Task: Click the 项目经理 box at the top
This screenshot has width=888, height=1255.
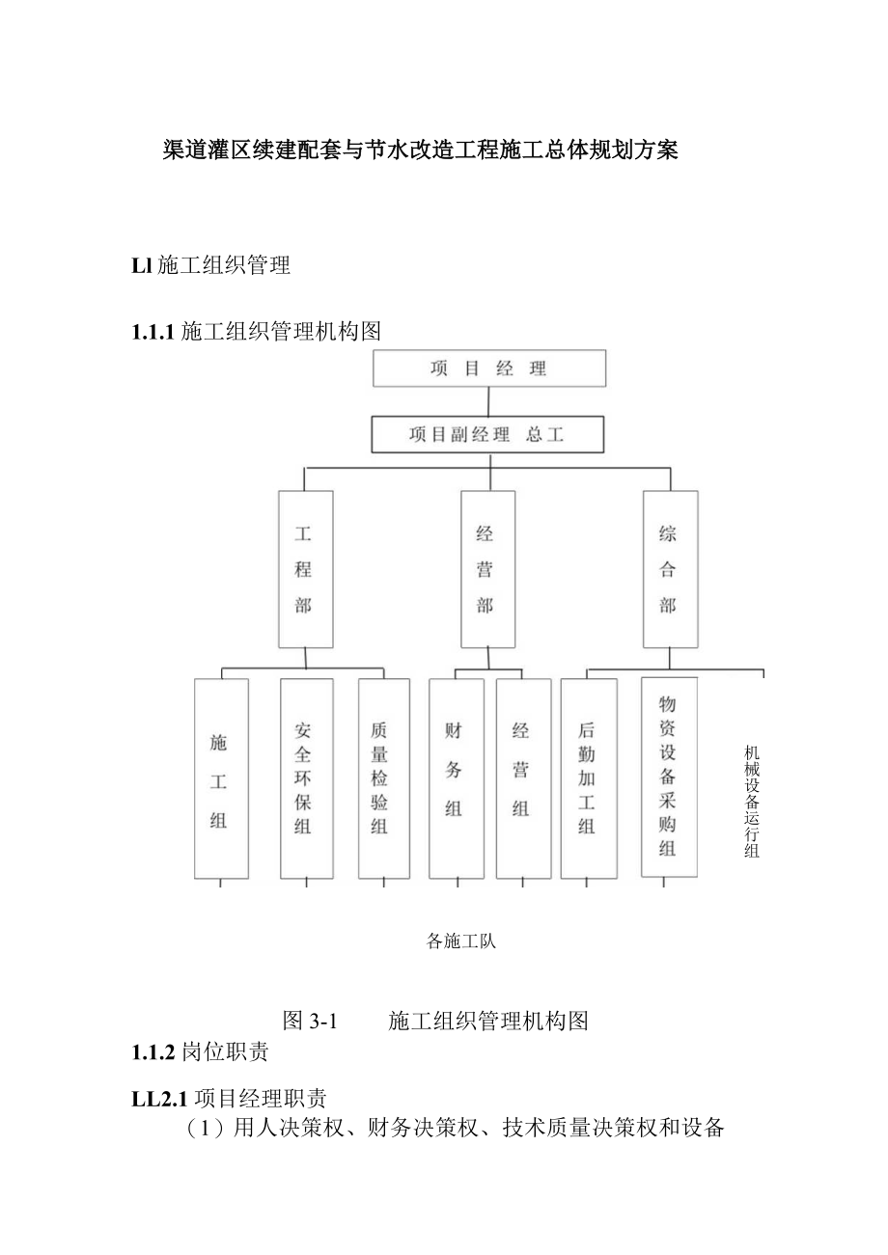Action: click(x=489, y=368)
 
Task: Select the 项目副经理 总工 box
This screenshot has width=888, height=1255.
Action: click(x=487, y=435)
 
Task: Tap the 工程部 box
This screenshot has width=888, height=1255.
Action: click(x=305, y=569)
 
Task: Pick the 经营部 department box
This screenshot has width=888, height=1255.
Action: click(x=486, y=569)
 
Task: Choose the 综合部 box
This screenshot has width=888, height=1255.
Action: click(x=669, y=569)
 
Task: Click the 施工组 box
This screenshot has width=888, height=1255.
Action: click(x=221, y=779)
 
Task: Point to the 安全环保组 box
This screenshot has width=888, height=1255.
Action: click(x=306, y=779)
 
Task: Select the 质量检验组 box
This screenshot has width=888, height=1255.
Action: click(x=383, y=779)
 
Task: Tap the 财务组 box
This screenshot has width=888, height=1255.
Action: click(x=456, y=779)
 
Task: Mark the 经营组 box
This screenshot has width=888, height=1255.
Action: click(x=523, y=779)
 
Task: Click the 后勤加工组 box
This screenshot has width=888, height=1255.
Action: click(x=588, y=779)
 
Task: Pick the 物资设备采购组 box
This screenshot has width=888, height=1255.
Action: click(x=669, y=778)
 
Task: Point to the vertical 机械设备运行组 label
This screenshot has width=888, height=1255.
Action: click(x=752, y=802)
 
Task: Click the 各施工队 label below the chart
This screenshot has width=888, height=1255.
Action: click(x=461, y=941)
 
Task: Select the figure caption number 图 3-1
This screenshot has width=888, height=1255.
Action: click(x=308, y=1021)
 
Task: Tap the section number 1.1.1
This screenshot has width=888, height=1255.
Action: click(x=152, y=332)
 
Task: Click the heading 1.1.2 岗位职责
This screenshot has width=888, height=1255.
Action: click(x=200, y=1052)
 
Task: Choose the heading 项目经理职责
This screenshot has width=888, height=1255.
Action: click(x=261, y=1098)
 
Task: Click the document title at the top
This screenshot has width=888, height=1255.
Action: click(x=421, y=150)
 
